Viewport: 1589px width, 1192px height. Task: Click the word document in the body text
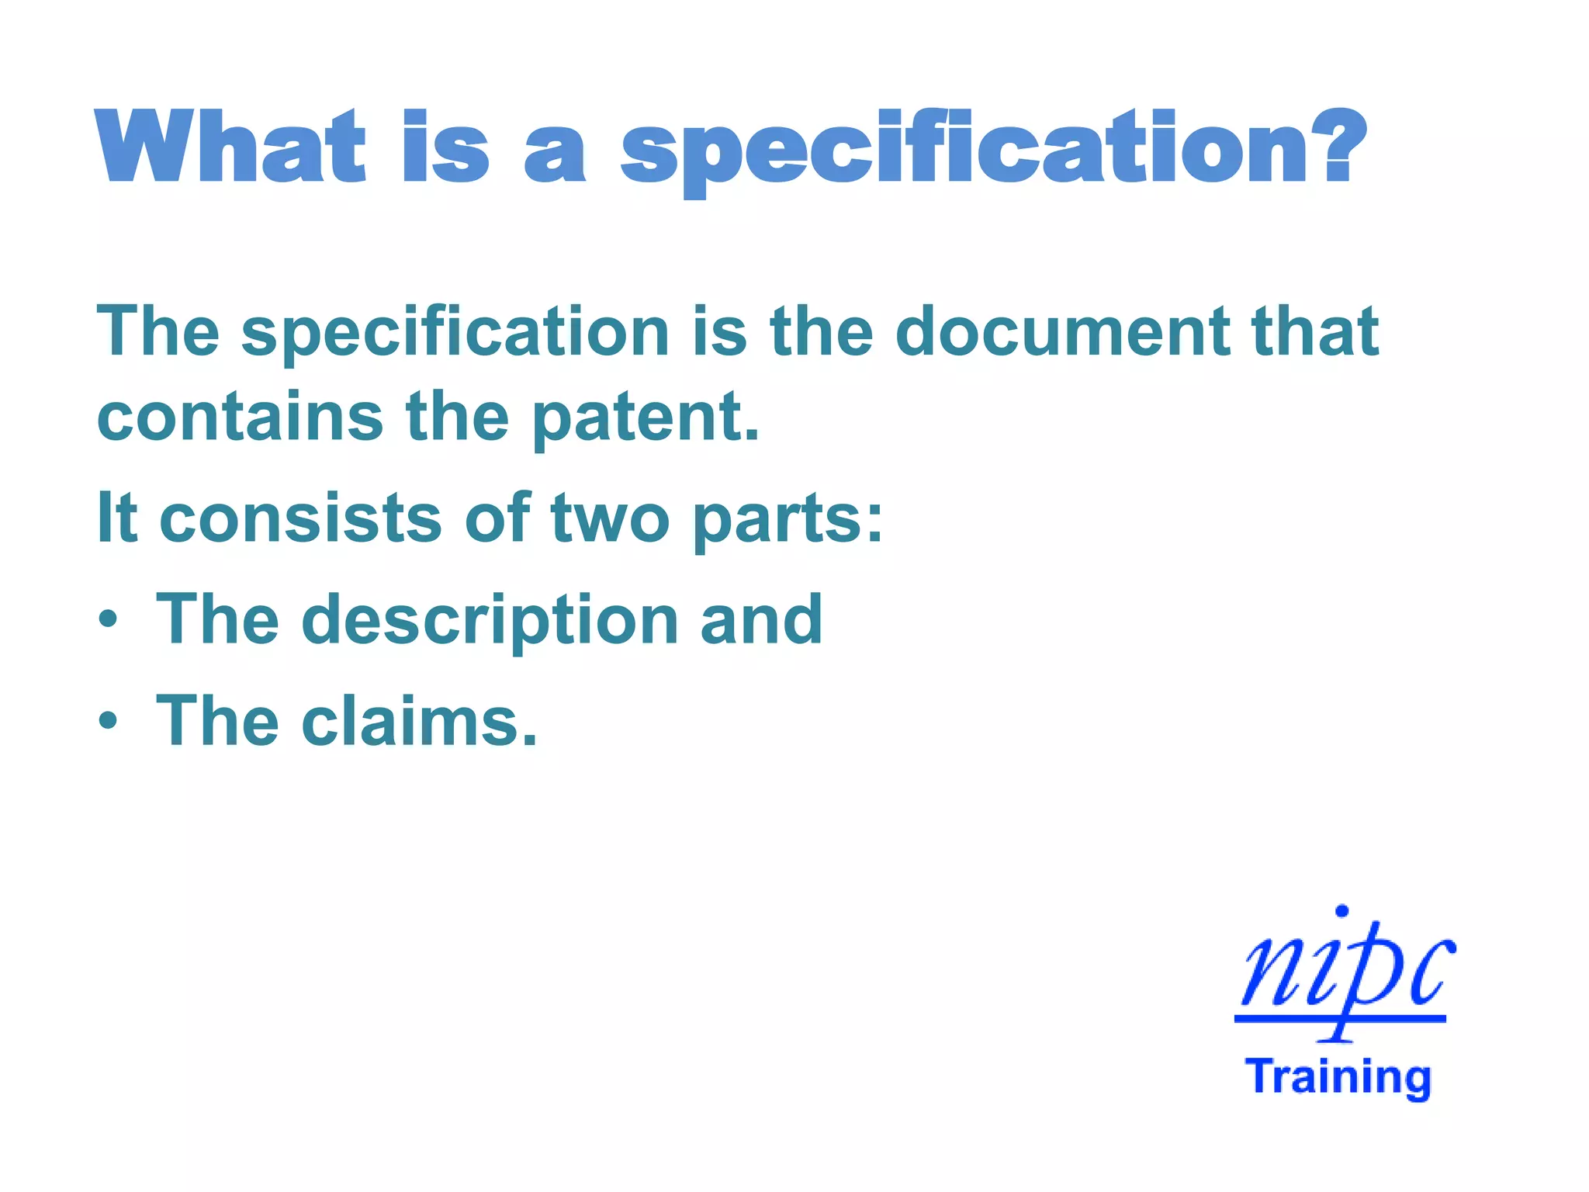coord(1062,331)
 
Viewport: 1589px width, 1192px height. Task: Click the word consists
coord(300,518)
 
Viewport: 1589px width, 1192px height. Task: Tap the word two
coord(610,518)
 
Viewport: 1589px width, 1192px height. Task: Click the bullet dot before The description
coord(109,620)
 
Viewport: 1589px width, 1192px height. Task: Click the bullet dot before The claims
coord(109,722)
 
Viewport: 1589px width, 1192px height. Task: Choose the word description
coord(490,620)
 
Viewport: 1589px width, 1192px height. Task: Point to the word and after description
coord(761,619)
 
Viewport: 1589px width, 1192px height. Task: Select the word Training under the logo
coord(1338,1077)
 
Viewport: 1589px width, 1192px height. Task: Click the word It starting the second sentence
coord(117,518)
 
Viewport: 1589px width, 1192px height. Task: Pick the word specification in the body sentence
coord(455,331)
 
